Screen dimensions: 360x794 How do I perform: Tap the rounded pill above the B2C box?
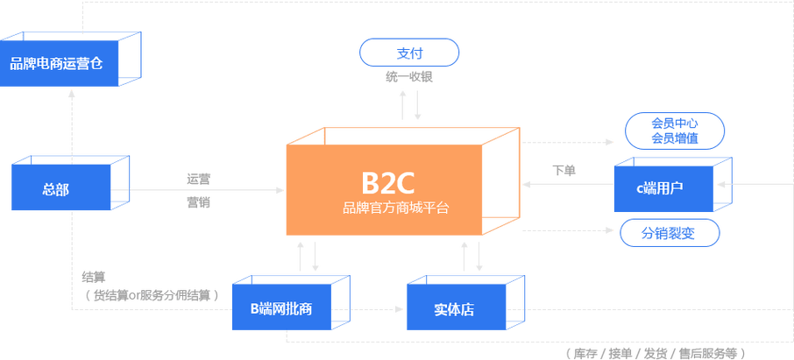[x=409, y=52]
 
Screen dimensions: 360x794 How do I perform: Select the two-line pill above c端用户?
[x=674, y=130]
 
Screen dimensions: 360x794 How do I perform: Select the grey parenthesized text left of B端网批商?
[x=149, y=294]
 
